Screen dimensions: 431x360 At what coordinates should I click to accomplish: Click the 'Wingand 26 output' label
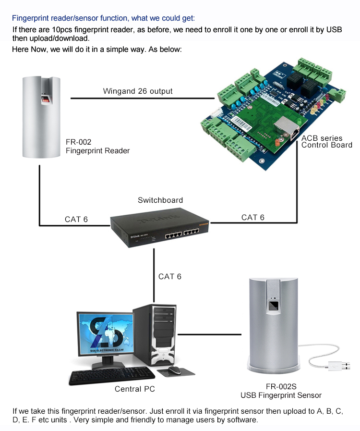click(x=138, y=91)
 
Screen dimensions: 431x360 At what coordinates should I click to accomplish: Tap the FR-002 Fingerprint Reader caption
click(x=97, y=147)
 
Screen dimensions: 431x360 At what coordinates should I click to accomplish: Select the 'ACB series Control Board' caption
click(x=326, y=142)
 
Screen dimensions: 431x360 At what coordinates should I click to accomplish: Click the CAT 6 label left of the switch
click(x=76, y=220)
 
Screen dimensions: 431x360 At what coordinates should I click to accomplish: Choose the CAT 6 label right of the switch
click(x=252, y=218)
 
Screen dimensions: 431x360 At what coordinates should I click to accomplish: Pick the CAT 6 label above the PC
click(x=170, y=276)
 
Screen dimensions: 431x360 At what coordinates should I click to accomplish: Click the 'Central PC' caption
click(x=135, y=389)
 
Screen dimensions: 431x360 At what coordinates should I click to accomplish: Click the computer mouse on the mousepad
click(x=174, y=369)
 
